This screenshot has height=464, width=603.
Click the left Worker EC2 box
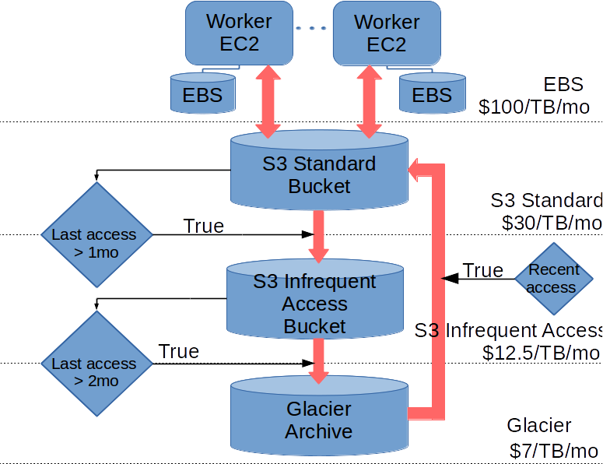tap(239, 33)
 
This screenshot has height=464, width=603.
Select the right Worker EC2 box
tap(387, 33)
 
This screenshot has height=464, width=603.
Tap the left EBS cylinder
tap(203, 93)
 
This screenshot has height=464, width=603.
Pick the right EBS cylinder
tap(433, 93)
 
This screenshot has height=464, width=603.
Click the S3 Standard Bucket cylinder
tap(319, 170)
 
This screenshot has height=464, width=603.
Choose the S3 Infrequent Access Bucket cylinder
tap(315, 299)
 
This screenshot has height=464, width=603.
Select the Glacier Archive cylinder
tap(319, 416)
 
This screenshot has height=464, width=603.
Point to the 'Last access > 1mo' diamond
tap(97, 234)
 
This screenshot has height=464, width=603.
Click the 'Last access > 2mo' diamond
tap(97, 364)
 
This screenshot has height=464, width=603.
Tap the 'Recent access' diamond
tap(554, 279)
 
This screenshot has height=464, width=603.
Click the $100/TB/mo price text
tap(534, 107)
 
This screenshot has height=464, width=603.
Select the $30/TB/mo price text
tap(552, 223)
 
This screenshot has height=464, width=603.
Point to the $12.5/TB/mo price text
tap(541, 353)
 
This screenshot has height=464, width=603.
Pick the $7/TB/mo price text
tap(554, 451)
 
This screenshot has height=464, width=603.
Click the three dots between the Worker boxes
tap(311, 28)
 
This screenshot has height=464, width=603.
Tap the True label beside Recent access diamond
tap(483, 270)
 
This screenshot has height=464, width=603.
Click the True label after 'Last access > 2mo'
tap(178, 351)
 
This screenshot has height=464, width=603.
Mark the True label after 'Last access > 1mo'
tap(203, 226)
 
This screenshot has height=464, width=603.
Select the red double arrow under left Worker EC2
tap(268, 101)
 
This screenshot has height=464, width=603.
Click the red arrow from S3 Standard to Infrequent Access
tap(318, 237)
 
